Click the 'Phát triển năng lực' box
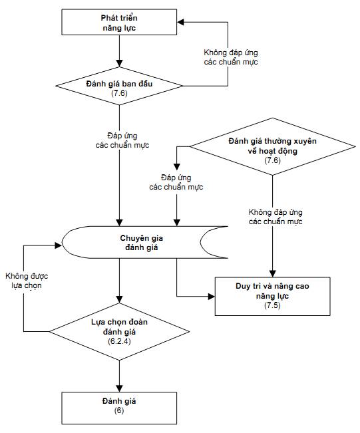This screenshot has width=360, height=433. pos(119,22)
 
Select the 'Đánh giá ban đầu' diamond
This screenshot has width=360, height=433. pos(119,86)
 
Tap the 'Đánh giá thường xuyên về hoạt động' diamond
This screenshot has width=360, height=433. pos(272,146)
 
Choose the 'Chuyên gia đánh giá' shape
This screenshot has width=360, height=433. pos(144,243)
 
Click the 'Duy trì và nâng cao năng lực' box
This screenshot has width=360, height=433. pos(272,296)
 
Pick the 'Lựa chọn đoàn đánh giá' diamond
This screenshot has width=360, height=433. pos(119,332)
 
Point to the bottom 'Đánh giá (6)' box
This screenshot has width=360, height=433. pos(119,408)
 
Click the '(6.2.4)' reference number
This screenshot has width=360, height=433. pos(119,341)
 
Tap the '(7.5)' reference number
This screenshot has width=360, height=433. pos(272,305)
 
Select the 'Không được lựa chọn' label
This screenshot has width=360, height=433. pos(27,281)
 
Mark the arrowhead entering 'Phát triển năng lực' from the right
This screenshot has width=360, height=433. pos(181,22)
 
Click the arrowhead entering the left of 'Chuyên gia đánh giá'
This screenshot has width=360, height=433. pos(58,245)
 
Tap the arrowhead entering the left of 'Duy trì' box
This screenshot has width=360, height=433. pos(212,297)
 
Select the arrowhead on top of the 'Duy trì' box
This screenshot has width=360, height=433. pos(273,273)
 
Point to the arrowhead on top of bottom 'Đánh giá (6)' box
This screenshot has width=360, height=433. pos(119,388)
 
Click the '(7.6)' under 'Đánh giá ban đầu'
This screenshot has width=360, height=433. pos(119,93)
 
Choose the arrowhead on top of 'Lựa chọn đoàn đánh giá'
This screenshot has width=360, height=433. pos(119,299)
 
